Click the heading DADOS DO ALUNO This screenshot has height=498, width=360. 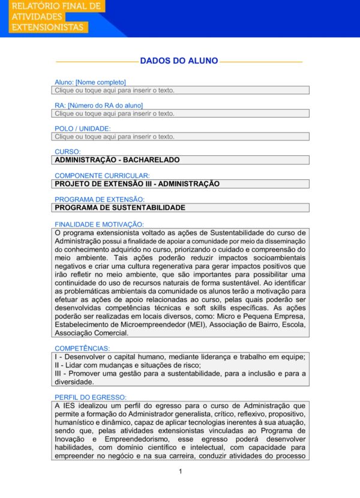179,61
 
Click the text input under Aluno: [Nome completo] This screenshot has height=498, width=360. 180,90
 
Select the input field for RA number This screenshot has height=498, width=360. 180,113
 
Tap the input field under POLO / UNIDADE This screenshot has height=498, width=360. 180,137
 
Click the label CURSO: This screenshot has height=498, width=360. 67,152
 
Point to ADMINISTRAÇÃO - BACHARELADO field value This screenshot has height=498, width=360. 117,160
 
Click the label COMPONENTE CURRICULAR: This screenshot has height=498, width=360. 102,176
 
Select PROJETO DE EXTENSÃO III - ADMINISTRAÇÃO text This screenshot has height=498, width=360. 137,184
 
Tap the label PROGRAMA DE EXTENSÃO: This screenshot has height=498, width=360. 100,199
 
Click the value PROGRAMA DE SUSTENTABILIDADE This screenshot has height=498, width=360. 120,208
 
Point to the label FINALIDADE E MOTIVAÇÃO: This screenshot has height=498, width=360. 99,224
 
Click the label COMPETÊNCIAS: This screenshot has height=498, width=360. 82,348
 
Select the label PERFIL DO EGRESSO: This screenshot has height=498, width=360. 90,397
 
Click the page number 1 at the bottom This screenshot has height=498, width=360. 180,471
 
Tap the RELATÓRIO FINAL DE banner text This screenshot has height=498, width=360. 56,6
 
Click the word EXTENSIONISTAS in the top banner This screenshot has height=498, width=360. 47,28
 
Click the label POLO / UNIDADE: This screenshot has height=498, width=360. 83,129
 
